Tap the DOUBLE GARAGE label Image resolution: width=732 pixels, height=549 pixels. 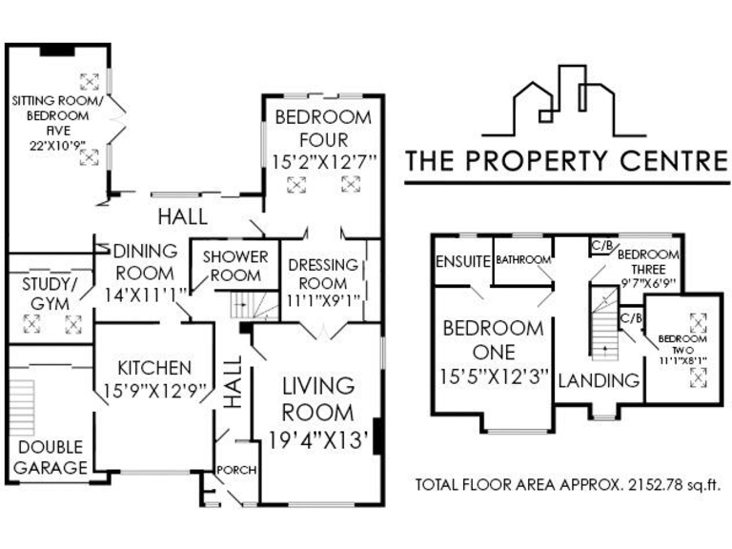50,457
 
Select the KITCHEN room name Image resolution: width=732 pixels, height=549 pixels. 153,368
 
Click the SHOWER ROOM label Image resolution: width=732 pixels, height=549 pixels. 235,266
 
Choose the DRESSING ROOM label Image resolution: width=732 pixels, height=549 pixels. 324,274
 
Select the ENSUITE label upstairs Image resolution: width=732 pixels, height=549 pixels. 462,261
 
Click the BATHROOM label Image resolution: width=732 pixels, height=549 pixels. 523,259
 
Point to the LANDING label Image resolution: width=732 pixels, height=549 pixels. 598,380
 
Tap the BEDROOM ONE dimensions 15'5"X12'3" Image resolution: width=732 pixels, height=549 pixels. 493,376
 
